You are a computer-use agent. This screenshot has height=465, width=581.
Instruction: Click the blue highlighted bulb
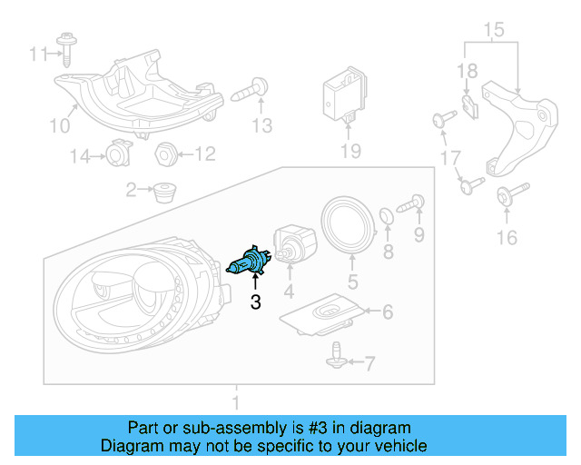click(x=246, y=263)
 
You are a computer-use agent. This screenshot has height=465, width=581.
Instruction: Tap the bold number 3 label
click(x=255, y=302)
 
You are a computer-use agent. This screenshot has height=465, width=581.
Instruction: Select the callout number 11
click(x=36, y=54)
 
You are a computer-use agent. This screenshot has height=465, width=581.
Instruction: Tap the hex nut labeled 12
click(x=165, y=153)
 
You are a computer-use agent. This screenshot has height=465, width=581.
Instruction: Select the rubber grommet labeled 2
click(x=164, y=192)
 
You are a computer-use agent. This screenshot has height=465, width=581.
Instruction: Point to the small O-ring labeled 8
click(x=385, y=216)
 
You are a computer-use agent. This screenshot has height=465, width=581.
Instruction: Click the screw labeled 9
click(x=414, y=203)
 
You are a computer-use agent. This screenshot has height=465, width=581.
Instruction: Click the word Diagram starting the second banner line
click(x=131, y=446)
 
